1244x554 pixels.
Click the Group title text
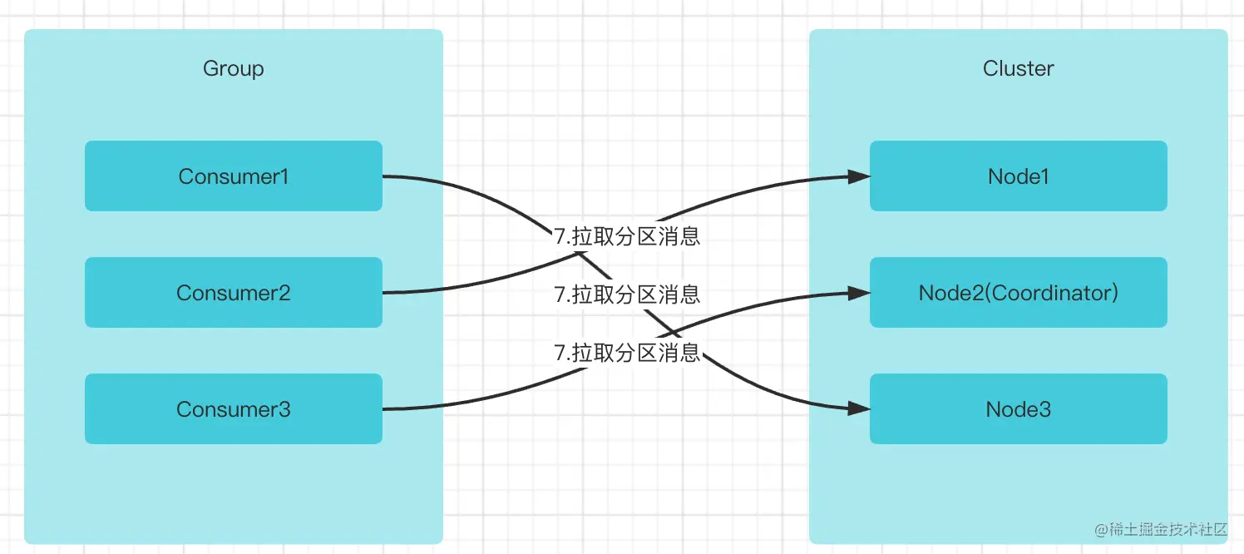click(x=233, y=68)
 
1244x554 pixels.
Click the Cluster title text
click(x=1018, y=68)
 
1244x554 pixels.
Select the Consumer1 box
click(x=233, y=176)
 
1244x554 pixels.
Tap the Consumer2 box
click(x=233, y=293)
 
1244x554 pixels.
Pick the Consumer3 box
click(x=233, y=409)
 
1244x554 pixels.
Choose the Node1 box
click(x=1018, y=176)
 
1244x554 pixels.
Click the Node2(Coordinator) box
click(x=1018, y=293)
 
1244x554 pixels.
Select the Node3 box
click(x=1018, y=409)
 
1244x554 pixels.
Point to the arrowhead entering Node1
click(x=860, y=176)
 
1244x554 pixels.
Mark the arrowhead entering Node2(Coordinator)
click(x=860, y=293)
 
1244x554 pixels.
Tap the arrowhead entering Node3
click(x=860, y=409)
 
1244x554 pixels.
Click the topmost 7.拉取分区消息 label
click(x=627, y=236)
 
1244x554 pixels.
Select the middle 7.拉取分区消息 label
click(x=627, y=294)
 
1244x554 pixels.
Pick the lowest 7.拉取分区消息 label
click(x=627, y=353)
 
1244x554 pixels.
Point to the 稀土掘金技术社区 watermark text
click(x=1169, y=529)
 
